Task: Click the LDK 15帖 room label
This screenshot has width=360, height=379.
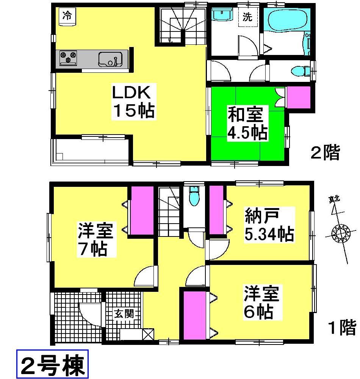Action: [x=133, y=102]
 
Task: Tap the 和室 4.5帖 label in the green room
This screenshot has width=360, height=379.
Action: [x=247, y=122]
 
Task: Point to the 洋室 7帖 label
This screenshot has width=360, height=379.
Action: [x=93, y=240]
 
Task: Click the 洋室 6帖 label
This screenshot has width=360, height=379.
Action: [x=261, y=302]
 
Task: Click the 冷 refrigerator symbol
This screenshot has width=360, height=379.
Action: [x=67, y=16]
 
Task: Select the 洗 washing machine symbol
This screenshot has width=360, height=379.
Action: [x=247, y=17]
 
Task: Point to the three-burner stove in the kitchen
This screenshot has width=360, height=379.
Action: [x=68, y=58]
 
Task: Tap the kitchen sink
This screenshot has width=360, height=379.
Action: [x=110, y=59]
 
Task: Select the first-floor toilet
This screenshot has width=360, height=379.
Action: [x=193, y=197]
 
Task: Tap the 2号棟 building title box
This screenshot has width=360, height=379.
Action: [x=52, y=365]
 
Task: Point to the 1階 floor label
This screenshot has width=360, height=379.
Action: [x=341, y=327]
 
